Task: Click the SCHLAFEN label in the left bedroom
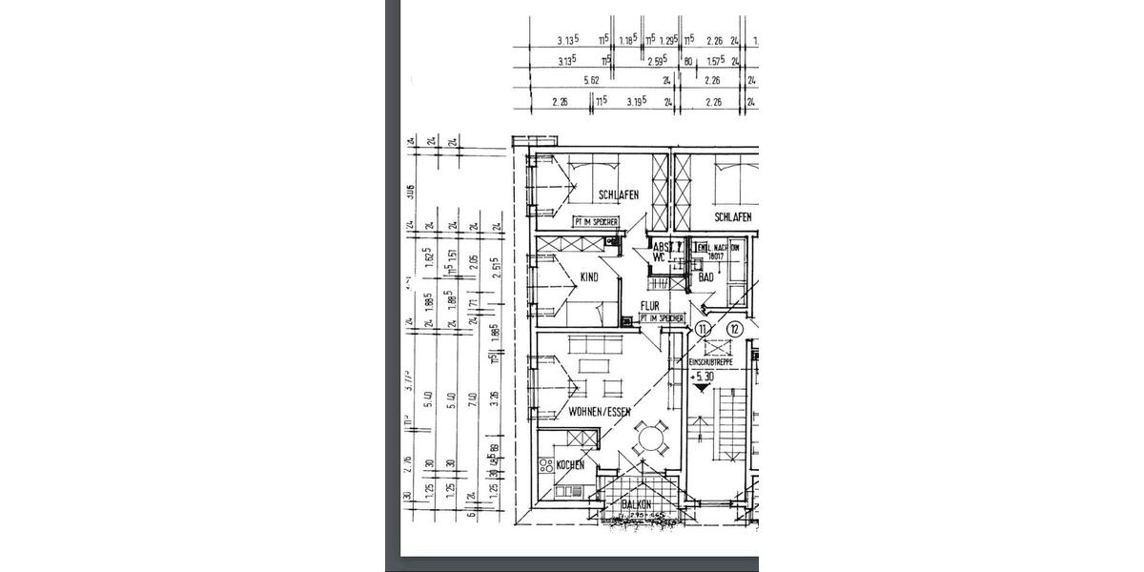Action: point(618,195)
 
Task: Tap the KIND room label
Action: point(589,277)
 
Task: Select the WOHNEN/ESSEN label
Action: point(600,412)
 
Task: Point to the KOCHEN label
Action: point(570,465)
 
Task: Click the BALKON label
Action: point(637,503)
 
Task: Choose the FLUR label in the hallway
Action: point(650,306)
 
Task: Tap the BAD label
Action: point(705,277)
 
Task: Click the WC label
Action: point(659,256)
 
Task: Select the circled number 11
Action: point(704,329)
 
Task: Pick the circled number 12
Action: point(733,329)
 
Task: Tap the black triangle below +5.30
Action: point(704,389)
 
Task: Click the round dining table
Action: point(652,439)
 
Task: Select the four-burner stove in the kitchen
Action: point(547,466)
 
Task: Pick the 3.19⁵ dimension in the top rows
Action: point(638,101)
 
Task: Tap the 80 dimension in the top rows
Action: point(687,61)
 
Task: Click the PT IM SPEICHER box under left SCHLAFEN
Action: point(595,222)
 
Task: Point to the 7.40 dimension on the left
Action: point(473,398)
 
